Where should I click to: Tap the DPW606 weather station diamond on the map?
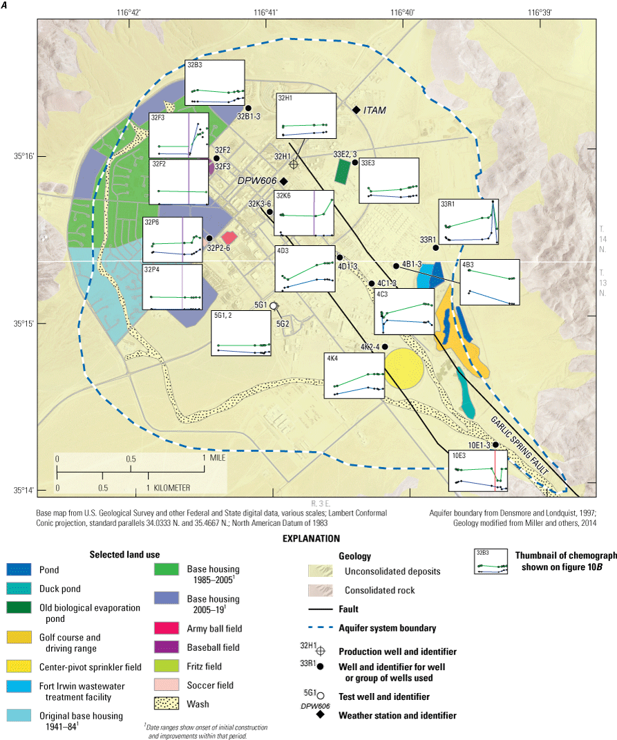(x=283, y=181)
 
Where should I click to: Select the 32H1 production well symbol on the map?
(x=294, y=164)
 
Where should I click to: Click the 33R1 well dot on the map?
(x=436, y=247)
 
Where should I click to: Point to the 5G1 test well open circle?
(x=273, y=305)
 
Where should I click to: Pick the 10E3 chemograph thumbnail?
(x=478, y=471)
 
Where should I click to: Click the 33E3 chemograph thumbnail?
(x=389, y=180)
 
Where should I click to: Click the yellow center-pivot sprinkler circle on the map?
(x=402, y=368)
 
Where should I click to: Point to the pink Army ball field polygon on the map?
(x=229, y=237)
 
